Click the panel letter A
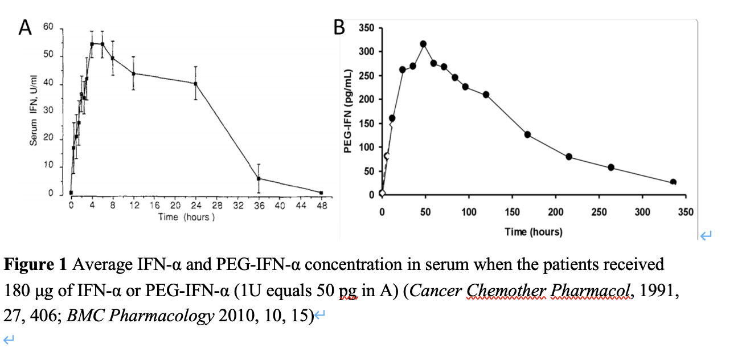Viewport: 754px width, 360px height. [24, 27]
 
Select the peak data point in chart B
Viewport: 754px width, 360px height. [423, 44]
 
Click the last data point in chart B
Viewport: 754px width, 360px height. [673, 182]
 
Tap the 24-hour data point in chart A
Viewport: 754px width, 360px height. [196, 84]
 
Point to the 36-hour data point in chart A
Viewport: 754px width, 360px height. [259, 178]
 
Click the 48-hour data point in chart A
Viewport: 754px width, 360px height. [321, 193]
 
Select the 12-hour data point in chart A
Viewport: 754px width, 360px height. [133, 73]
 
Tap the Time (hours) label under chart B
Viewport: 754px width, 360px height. [533, 232]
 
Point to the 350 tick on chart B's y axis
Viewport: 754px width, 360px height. [367, 28]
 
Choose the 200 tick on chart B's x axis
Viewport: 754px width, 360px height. [556, 212]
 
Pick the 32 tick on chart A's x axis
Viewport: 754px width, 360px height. [238, 206]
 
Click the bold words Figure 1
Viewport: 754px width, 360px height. [36, 265]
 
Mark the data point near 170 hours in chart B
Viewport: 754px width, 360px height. [527, 134]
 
